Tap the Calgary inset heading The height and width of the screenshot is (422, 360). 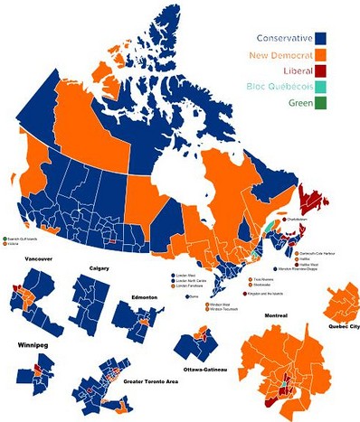(x=99, y=268)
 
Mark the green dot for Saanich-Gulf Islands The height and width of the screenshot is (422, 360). (x=4, y=238)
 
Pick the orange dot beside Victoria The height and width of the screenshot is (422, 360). (x=4, y=244)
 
